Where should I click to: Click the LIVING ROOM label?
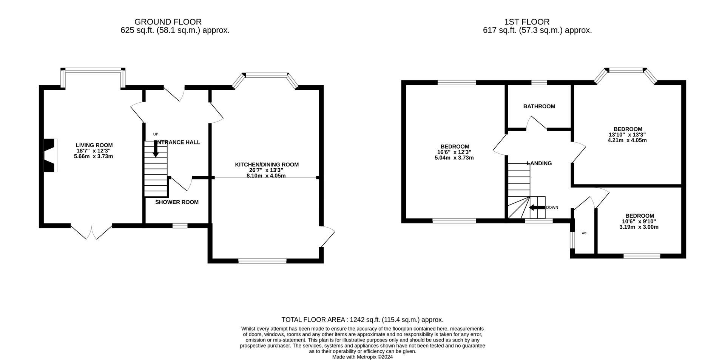94,145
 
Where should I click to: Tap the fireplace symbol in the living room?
50,155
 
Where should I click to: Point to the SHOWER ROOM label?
177,202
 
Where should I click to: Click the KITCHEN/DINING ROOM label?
267,165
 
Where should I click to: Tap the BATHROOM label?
539,106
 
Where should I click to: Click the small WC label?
584,233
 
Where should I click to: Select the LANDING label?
539,163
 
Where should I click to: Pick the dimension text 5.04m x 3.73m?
454,158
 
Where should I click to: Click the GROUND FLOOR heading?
168,22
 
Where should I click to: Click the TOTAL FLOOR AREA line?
362,320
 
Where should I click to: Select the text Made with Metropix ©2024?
362,357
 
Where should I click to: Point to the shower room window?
180,226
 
